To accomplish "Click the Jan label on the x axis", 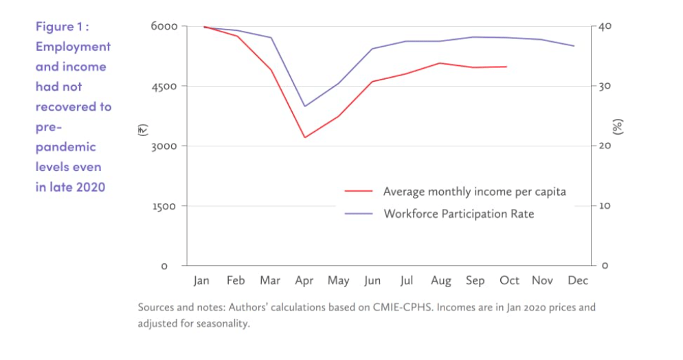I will coord(201,280).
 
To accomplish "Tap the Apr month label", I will coord(304,280).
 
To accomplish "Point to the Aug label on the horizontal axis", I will coord(441,280).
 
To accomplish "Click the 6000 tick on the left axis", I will coord(164,27).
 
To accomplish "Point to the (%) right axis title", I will coord(618,126).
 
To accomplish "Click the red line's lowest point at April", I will coord(304,137).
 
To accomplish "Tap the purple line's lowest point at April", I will coord(304,106).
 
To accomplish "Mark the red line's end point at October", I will coord(506,67).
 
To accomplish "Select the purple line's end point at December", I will coord(574,46).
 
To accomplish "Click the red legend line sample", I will coord(358,192).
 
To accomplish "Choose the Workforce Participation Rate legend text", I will coord(458,214).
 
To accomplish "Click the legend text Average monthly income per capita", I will coord(474,192).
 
